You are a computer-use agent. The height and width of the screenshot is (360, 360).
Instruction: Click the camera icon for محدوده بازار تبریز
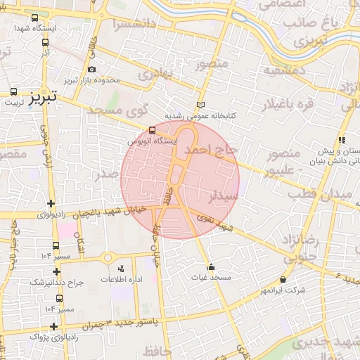92,69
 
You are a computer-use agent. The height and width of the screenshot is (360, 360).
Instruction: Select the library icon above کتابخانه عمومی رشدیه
201,104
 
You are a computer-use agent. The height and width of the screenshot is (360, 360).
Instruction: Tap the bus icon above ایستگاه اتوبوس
153,130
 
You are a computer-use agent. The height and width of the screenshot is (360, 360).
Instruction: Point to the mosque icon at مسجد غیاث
212,267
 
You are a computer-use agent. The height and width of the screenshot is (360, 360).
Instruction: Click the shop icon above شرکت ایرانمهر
283,279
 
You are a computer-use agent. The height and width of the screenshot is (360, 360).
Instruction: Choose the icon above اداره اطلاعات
120,269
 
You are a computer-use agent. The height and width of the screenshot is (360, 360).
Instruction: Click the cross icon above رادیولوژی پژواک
55,326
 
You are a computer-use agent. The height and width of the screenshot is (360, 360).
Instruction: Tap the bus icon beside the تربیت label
14,91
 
